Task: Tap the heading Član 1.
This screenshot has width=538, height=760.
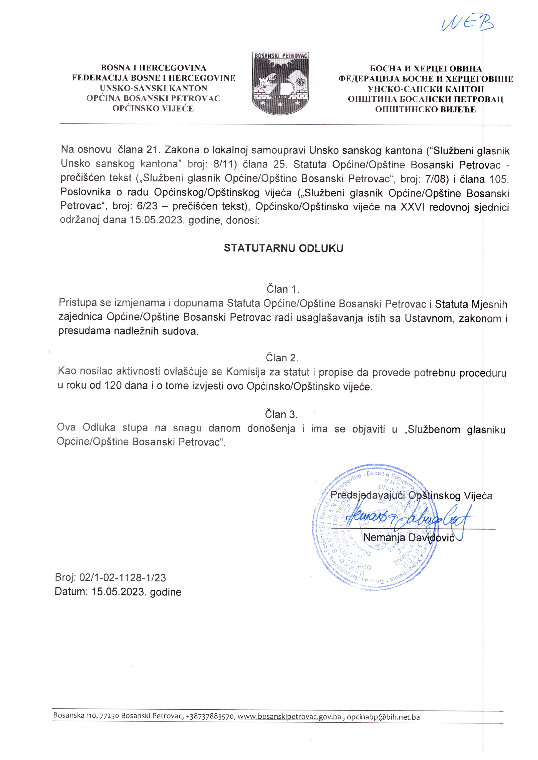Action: coord(283,289)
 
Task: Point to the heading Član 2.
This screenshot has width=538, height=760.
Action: coord(282,358)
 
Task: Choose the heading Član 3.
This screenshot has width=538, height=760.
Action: coord(281,414)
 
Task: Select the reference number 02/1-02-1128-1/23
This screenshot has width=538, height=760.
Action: coord(122,578)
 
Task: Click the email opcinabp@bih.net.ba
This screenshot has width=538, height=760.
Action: coord(383,716)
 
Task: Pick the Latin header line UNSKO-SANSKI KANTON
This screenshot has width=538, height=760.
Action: coord(153,88)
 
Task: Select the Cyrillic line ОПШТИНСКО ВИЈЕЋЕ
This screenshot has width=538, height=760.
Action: coord(425,109)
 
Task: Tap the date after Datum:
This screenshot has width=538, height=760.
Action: coord(136,592)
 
